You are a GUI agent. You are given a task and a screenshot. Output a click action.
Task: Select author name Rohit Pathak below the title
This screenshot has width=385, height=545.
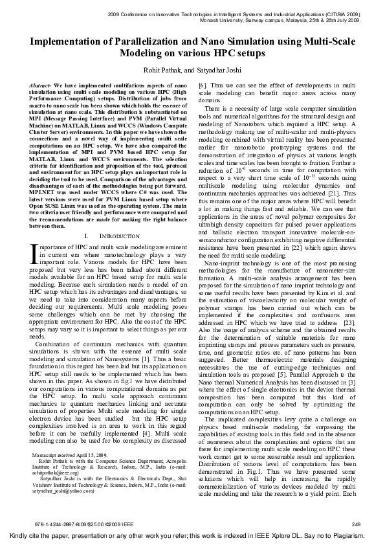click(167, 69)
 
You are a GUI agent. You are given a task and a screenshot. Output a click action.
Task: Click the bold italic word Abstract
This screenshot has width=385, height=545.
click(41, 85)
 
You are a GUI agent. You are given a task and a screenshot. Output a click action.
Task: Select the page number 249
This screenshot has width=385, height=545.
click(357, 522)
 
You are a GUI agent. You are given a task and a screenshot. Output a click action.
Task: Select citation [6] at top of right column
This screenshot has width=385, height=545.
click(203, 85)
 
